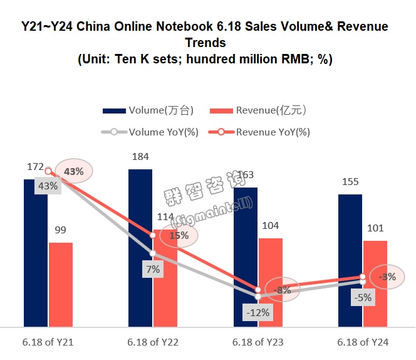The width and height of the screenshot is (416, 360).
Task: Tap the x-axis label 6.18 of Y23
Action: (x=258, y=342)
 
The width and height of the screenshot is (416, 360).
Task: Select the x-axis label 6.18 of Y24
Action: (x=363, y=342)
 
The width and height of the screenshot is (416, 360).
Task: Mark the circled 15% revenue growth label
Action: (x=179, y=236)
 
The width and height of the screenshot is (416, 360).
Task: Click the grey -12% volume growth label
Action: (x=257, y=312)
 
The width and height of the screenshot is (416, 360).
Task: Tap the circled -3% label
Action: (x=387, y=277)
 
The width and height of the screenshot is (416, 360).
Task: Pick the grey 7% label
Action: (x=153, y=270)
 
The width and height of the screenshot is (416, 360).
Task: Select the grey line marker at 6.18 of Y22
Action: (x=152, y=253)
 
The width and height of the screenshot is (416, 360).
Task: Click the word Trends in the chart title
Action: (x=205, y=43)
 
